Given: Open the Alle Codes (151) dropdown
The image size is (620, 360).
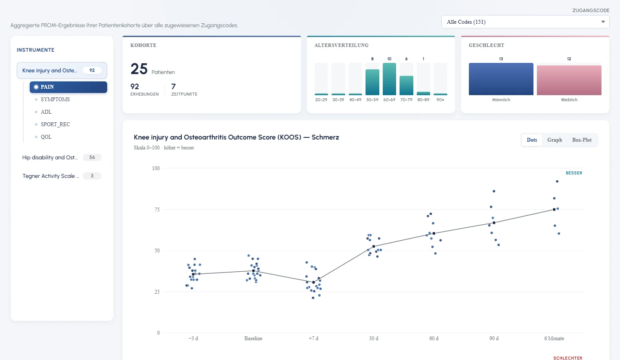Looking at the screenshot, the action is (x=525, y=22).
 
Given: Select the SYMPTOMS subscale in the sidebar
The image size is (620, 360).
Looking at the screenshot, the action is (x=55, y=99).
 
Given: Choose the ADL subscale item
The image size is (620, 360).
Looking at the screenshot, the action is (x=46, y=112).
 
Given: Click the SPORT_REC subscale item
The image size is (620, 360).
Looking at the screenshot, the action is (x=55, y=124).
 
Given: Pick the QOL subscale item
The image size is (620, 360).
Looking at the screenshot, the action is (x=46, y=137).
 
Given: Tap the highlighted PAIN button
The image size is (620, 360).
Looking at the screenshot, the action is (x=68, y=87).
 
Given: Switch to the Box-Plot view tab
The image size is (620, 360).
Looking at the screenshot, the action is (x=582, y=140).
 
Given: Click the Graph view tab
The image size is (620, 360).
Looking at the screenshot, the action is (x=555, y=140).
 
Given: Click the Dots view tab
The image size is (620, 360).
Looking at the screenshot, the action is (x=532, y=140).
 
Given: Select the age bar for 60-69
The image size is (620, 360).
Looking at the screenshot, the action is (x=389, y=79).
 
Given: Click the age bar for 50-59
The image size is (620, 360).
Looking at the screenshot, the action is (x=372, y=82).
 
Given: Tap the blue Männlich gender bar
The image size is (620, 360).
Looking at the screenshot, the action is (x=501, y=79).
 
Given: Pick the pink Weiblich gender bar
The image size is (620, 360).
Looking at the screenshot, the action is (x=569, y=80).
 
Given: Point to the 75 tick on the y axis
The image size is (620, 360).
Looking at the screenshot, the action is (x=157, y=210).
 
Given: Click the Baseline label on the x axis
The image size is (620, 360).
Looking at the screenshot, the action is (x=253, y=338).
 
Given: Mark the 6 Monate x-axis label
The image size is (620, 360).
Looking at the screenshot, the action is (x=554, y=338).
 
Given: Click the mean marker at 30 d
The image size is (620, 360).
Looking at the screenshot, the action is (x=374, y=246).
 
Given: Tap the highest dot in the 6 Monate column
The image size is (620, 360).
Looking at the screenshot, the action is (x=557, y=181).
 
